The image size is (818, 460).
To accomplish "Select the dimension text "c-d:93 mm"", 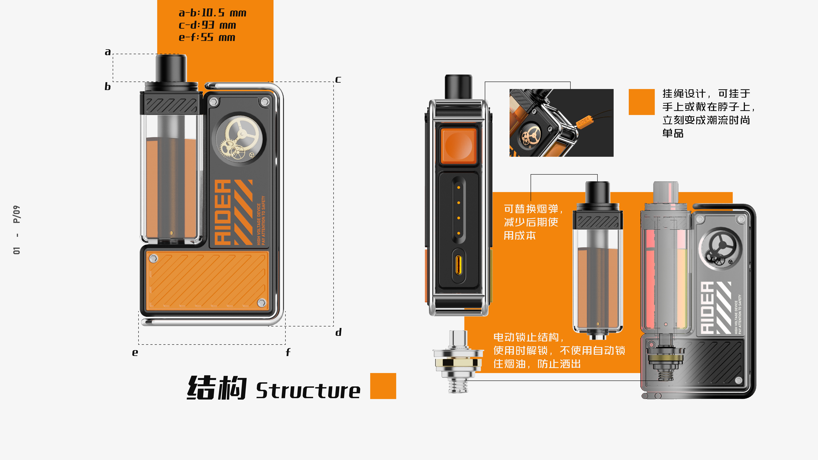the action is [207, 25].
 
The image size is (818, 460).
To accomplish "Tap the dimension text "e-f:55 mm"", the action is [207, 38].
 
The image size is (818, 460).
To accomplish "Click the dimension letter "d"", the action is [339, 332].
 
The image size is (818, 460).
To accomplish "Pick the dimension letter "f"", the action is [288, 352].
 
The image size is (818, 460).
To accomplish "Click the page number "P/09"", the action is [17, 214].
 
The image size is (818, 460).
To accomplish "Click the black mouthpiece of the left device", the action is [171, 68].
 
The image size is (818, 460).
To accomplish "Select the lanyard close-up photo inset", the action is [561, 123].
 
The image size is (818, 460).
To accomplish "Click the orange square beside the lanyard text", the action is [641, 102].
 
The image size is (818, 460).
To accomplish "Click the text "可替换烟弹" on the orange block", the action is [531, 209].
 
